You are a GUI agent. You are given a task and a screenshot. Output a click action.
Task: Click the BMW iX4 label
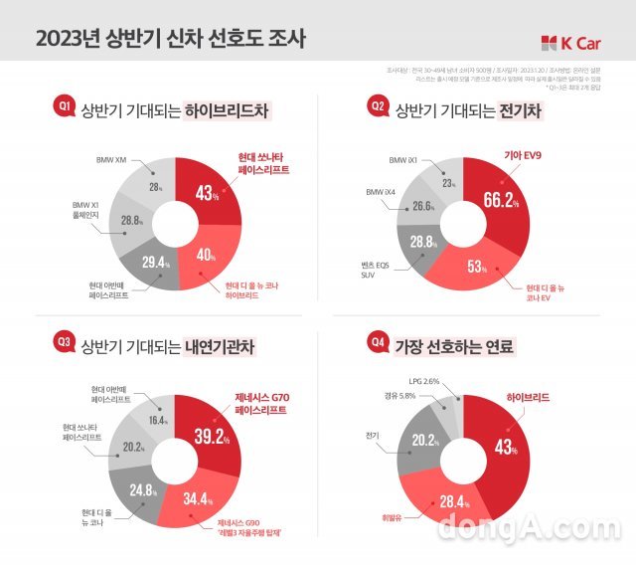pyautogui.click(x=382, y=191)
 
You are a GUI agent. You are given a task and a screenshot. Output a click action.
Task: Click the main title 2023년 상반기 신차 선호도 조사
pyautogui.click(x=171, y=40)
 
